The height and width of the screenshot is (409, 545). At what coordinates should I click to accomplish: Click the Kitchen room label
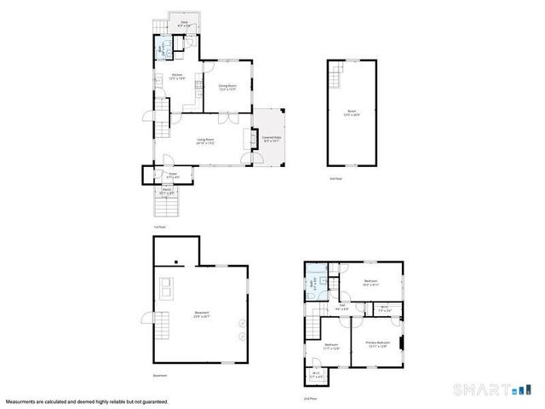click(x=178, y=77)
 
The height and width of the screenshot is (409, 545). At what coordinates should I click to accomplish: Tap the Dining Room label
click(x=226, y=87)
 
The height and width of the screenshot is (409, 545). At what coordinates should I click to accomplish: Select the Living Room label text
click(x=205, y=141)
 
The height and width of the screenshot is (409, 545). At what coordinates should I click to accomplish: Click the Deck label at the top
click(x=183, y=26)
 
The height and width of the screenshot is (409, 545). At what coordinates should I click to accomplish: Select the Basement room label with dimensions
click(x=201, y=317)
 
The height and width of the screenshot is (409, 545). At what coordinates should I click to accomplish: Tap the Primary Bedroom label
click(x=377, y=345)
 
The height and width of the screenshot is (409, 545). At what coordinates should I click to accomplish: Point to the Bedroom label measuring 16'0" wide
click(x=370, y=283)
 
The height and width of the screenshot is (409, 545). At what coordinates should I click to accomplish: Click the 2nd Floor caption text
click(x=310, y=399)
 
